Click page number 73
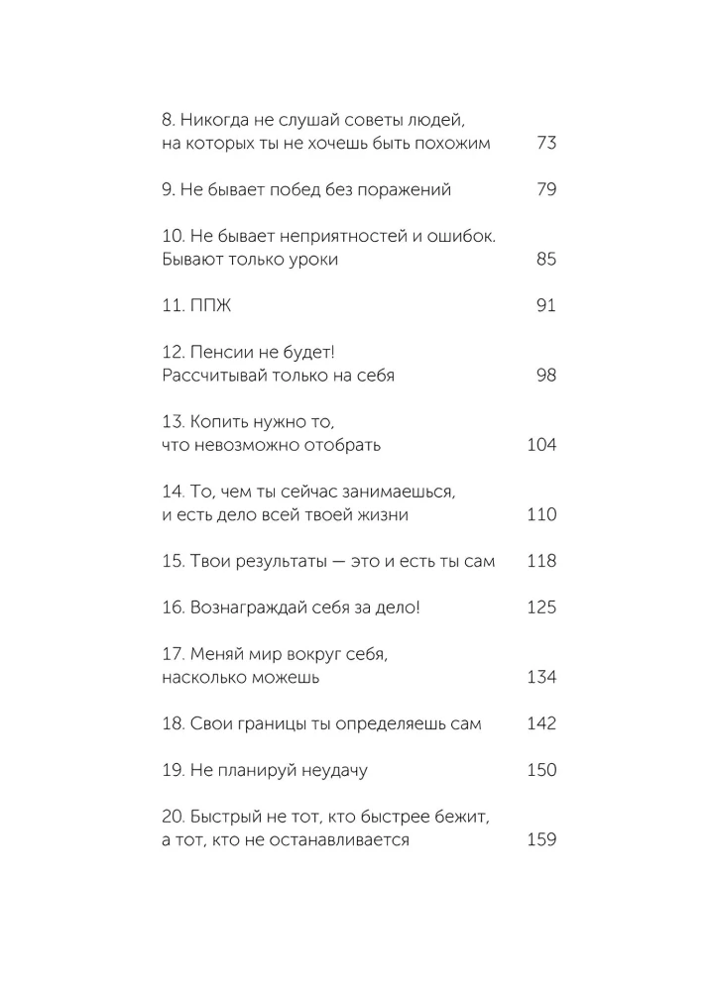pos(545,143)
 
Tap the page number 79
pos(545,189)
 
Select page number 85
pos(545,260)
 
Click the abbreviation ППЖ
pos(210,306)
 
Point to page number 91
pos(545,306)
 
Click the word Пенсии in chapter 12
pos(219,352)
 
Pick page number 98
pos(545,376)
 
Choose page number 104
pos(541,445)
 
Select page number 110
pos(541,515)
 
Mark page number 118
pos(541,562)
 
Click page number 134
pos(541,678)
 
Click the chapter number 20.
pos(171,818)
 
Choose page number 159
pos(541,841)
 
